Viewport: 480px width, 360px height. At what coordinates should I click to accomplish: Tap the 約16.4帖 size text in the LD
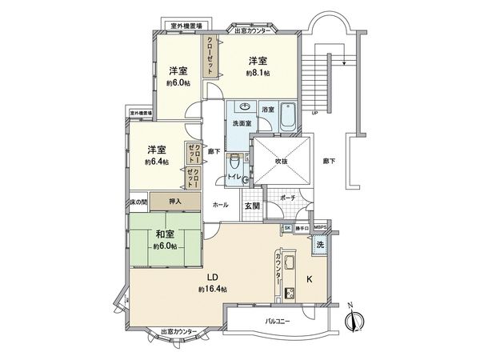pyautogui.click(x=214, y=289)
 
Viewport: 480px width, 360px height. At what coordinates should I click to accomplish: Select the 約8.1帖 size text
pyautogui.click(x=257, y=73)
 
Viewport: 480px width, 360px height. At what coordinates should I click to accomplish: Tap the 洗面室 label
pyautogui.click(x=242, y=124)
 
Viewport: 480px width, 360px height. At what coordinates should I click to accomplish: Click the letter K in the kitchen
pyautogui.click(x=310, y=280)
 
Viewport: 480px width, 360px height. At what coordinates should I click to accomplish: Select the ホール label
pyautogui.click(x=220, y=204)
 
